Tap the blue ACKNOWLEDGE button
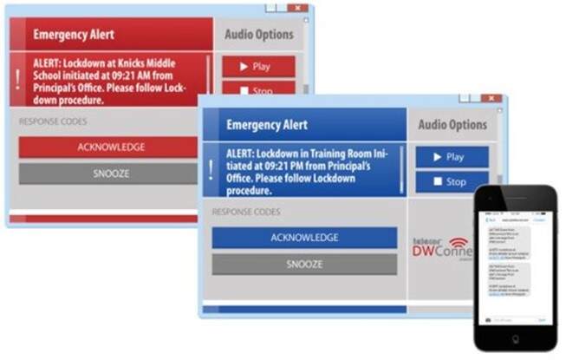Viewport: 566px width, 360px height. click(304, 238)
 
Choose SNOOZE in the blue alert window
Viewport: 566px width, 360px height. click(304, 264)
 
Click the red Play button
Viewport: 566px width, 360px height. click(258, 66)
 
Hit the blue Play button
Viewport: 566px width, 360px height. click(452, 157)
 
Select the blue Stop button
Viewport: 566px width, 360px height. click(452, 182)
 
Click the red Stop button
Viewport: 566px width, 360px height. click(258, 88)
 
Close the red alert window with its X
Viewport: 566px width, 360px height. click(297, 8)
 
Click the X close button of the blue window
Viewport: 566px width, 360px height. click(491, 99)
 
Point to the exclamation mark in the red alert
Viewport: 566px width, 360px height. click(17, 79)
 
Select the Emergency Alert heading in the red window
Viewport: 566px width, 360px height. click(74, 35)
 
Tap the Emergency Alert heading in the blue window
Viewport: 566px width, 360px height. click(266, 125)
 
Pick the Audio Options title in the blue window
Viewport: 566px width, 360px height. click(452, 125)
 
